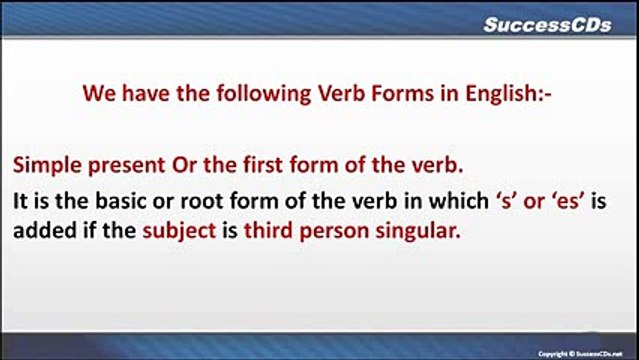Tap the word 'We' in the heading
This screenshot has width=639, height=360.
pyautogui.click(x=97, y=97)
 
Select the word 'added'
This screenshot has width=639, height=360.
pyautogui.click(x=41, y=229)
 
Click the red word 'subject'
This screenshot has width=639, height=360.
pyautogui.click(x=178, y=229)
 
